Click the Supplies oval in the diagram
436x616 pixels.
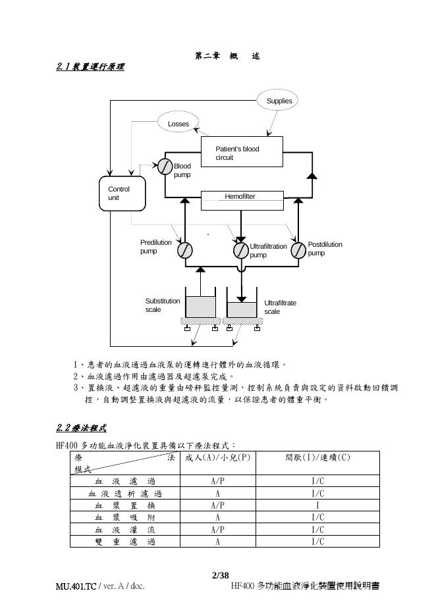(x=279, y=101)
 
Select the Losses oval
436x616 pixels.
(x=178, y=123)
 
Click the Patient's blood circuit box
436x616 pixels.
(x=240, y=153)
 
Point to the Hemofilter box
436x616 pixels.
(x=240, y=197)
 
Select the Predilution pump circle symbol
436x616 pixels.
(x=184, y=250)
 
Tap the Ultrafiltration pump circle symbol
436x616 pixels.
(x=241, y=250)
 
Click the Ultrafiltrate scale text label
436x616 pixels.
(x=280, y=307)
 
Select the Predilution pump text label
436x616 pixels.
(x=155, y=246)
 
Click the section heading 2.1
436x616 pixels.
(x=90, y=66)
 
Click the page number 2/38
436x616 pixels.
(x=220, y=575)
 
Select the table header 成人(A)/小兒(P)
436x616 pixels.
(x=217, y=457)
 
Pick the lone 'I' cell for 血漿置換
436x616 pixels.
(x=317, y=505)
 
